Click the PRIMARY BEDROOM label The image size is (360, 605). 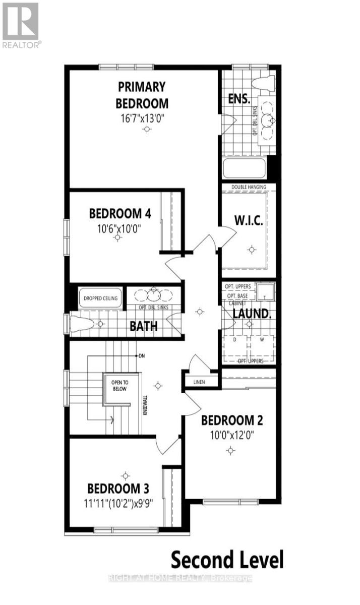tap(142, 94)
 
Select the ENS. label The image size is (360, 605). tap(239, 98)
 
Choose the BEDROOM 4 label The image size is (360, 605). tap(120, 213)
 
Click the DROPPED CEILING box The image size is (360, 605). tap(100, 298)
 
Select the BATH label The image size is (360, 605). tap(144, 326)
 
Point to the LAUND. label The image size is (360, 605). tap(252, 313)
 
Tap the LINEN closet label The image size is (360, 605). tap(199, 382)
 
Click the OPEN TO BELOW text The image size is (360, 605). tap(119, 386)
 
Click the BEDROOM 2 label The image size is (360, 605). tap(231, 420)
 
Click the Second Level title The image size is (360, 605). tap(227, 560)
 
